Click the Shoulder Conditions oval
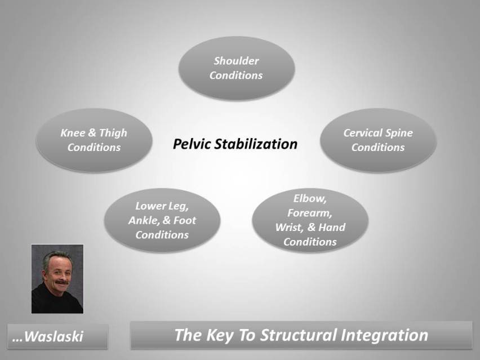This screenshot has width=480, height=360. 236,68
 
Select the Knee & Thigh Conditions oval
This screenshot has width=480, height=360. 94,140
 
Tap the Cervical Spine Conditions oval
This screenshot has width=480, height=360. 378,140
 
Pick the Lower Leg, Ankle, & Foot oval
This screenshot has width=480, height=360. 162,220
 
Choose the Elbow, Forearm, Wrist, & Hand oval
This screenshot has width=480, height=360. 310,220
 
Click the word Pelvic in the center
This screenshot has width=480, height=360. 193,144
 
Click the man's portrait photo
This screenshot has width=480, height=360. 57,279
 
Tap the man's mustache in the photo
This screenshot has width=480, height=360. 59,281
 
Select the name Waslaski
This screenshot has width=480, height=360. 55,337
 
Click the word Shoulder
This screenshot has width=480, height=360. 236,61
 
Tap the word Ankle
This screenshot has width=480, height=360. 144,220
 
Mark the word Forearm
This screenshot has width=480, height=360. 309,214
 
